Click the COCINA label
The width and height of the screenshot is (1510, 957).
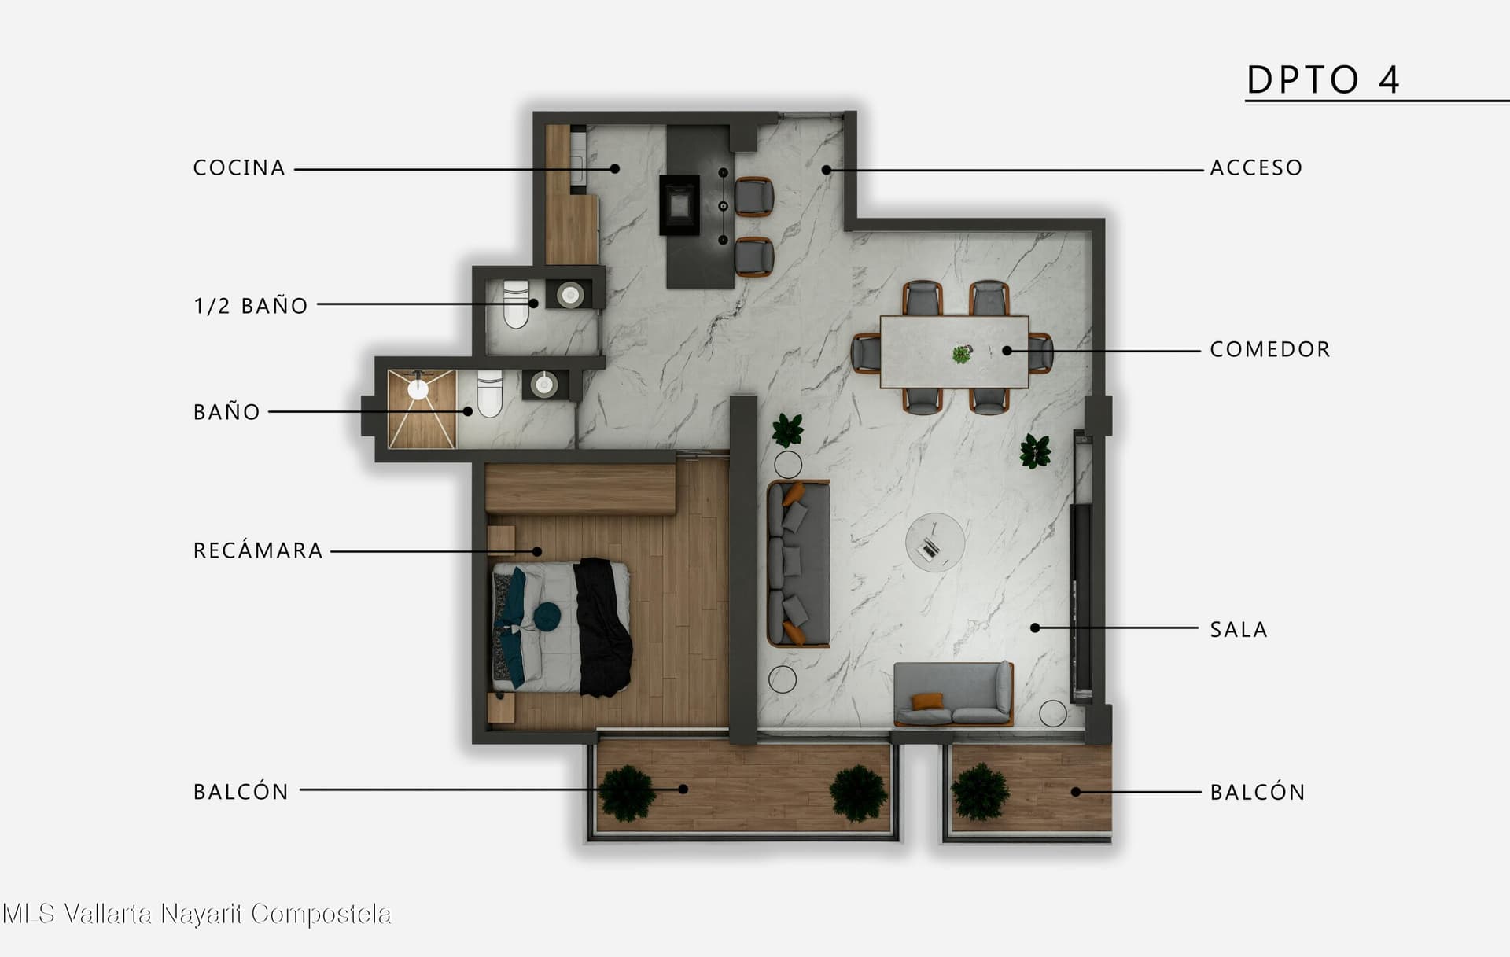click(x=239, y=167)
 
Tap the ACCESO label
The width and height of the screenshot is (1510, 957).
click(x=1256, y=167)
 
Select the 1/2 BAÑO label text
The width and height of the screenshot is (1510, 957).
click(x=251, y=305)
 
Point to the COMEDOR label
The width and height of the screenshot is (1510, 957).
click(x=1270, y=349)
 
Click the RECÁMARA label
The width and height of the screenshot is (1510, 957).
click(x=258, y=550)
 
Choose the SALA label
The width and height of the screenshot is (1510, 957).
click(x=1239, y=629)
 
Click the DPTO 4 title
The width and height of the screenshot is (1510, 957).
click(x=1324, y=79)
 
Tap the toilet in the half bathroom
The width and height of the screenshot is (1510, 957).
click(x=517, y=304)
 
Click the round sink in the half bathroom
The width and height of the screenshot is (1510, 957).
click(x=570, y=295)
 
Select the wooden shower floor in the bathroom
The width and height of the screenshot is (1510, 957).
click(x=422, y=409)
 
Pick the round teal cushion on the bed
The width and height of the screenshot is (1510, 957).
click(x=547, y=616)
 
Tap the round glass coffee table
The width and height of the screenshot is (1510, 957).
click(x=934, y=542)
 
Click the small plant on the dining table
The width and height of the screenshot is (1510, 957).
click(x=961, y=355)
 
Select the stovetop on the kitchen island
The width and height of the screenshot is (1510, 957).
click(x=679, y=204)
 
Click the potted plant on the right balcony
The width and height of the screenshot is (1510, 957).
click(x=981, y=791)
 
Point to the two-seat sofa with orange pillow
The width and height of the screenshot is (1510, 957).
click(x=953, y=694)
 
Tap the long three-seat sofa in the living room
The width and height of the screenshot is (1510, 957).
click(x=798, y=563)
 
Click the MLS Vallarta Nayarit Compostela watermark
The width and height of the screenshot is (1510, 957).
click(x=197, y=914)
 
